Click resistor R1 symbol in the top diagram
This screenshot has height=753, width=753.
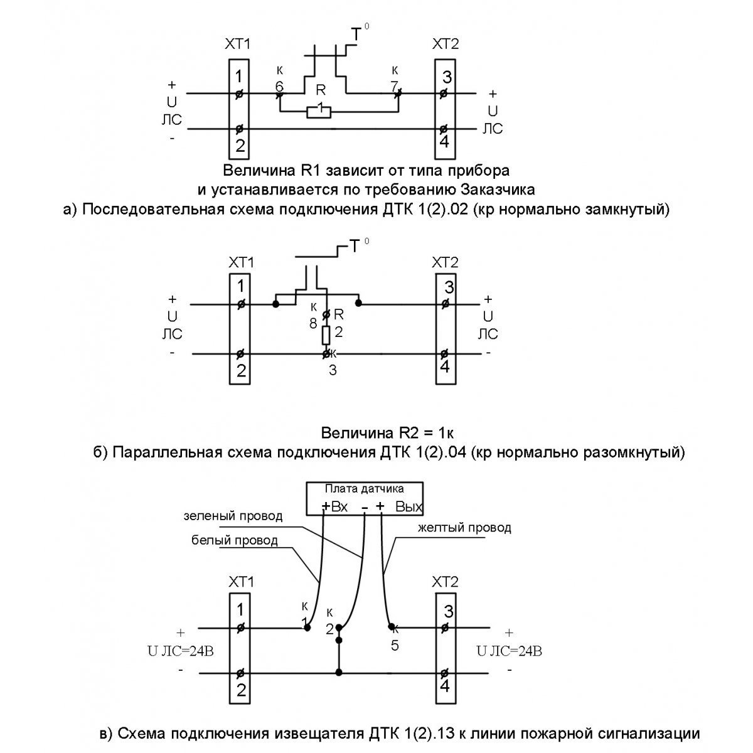(x=319, y=112)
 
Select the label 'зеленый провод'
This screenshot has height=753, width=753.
(x=233, y=516)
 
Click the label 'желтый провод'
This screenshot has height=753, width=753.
(x=464, y=528)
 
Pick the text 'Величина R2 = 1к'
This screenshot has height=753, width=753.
(x=387, y=433)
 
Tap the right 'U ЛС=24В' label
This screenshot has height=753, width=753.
(x=509, y=651)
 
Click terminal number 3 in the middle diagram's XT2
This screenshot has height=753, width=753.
(x=447, y=289)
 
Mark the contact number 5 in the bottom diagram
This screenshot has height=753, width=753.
(x=395, y=645)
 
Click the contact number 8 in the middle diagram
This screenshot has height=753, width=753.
(x=312, y=324)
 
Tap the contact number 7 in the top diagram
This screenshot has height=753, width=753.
(x=394, y=86)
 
